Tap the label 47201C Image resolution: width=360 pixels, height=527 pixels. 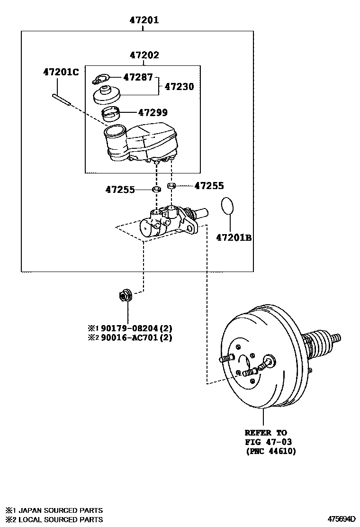(61, 72)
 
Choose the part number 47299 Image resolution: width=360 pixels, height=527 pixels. (153, 113)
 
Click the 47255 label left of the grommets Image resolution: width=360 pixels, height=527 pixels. (120, 190)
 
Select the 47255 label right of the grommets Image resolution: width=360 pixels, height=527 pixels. (209, 186)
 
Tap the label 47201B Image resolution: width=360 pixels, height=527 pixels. (234, 238)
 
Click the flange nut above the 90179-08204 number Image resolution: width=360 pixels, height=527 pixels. (126, 296)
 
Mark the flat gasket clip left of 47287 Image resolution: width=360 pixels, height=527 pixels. (100, 79)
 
